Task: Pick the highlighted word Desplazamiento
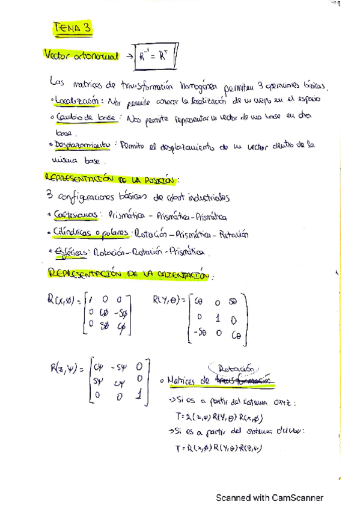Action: (83, 146)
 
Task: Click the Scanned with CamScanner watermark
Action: (270, 497)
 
